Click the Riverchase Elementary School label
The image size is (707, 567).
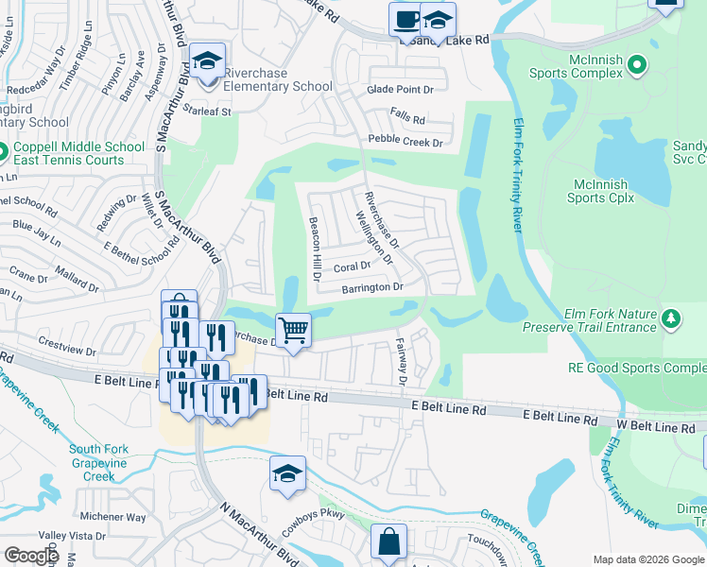278,86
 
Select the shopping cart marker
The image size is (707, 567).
294,331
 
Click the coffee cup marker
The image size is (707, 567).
406,20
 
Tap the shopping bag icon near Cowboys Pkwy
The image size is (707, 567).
388,542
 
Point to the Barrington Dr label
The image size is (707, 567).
372,287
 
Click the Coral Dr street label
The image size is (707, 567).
353,266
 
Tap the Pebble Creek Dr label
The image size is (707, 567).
405,143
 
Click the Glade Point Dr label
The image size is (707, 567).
399,89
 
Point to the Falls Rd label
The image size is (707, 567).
408,120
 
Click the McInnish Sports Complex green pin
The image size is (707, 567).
637,65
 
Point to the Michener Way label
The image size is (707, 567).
113,517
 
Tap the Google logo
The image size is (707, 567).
31,556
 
